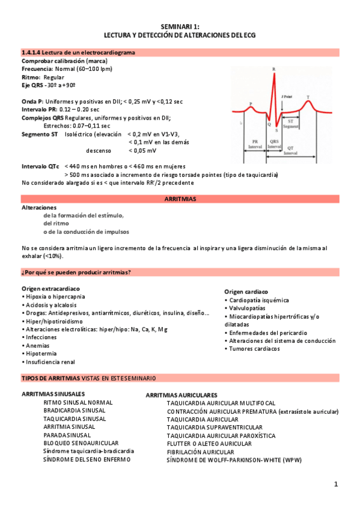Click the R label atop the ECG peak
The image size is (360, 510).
coord(274,70)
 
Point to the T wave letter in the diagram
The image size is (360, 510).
coord(308,97)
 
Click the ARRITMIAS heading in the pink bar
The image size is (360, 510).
coord(180,198)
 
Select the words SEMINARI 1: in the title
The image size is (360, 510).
coord(180,27)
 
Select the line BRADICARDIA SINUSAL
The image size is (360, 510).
coord(75,410)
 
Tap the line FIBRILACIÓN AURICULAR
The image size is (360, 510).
coord(200,452)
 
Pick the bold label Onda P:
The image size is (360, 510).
coord(32,102)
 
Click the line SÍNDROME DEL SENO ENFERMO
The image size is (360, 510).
coord(87,459)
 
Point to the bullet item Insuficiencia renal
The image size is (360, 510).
coord(50,362)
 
